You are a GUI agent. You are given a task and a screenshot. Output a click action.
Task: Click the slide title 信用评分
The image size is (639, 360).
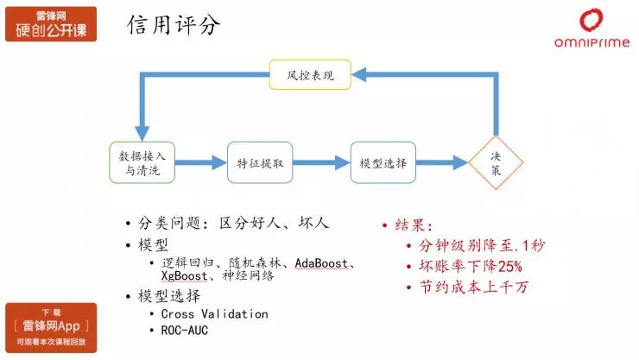pyautogui.click(x=174, y=25)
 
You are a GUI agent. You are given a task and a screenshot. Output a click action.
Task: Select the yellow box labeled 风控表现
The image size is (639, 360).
pyautogui.click(x=310, y=74)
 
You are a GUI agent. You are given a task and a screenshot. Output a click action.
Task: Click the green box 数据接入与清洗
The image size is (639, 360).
pyautogui.click(x=142, y=162)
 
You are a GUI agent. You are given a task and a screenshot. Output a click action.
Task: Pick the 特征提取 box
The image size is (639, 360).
pyautogui.click(x=260, y=162)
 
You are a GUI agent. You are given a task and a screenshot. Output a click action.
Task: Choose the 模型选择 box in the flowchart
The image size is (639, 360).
pyautogui.click(x=383, y=162)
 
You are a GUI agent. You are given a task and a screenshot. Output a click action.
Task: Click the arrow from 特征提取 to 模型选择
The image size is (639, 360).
pyautogui.click(x=321, y=162)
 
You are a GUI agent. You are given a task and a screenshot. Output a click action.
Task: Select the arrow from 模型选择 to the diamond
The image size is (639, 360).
pyautogui.click(x=442, y=162)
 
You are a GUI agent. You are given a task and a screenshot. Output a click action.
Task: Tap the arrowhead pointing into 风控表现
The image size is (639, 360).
pyautogui.click(x=358, y=74)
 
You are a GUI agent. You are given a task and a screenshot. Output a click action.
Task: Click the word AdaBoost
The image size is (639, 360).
pyautogui.click(x=321, y=263)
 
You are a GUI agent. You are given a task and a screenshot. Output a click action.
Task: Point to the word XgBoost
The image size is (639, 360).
pyautogui.click(x=184, y=275)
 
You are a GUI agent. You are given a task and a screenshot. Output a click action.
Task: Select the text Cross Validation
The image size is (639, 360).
pyautogui.click(x=214, y=314)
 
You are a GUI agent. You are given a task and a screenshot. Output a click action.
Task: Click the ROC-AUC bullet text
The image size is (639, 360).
pyautogui.click(x=184, y=331)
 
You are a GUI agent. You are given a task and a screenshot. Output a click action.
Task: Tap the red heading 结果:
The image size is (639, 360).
pyautogui.click(x=414, y=225)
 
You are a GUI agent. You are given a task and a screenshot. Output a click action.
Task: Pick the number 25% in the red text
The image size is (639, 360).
pyautogui.click(x=509, y=267)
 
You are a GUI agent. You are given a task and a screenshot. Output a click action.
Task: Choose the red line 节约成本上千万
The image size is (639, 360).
pyautogui.click(x=473, y=287)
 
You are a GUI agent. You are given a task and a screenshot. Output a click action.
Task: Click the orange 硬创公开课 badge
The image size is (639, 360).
pyautogui.click(x=51, y=24)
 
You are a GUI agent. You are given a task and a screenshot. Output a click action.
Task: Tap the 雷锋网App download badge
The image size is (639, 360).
pyautogui.click(x=51, y=328)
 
